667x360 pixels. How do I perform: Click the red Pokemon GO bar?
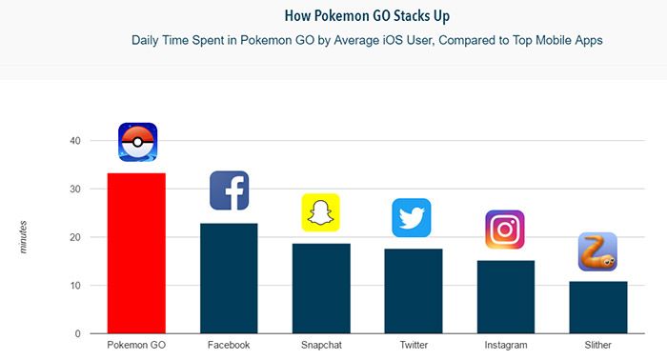click(137, 253)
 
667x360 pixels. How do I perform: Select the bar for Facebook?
click(229, 278)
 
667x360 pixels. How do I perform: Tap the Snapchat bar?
click(321, 289)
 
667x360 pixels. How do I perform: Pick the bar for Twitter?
click(414, 290)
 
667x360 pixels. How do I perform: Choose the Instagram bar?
click(506, 296)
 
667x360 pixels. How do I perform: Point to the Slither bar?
click(597, 307)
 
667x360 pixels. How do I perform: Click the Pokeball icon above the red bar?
click(137, 142)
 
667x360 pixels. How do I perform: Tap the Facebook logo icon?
click(229, 190)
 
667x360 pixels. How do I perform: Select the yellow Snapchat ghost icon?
click(321, 212)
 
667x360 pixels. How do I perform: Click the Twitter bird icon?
click(412, 217)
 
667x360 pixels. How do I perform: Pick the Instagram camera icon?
click(505, 230)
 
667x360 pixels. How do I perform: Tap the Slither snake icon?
click(597, 252)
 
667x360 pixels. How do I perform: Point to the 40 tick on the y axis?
click(73, 141)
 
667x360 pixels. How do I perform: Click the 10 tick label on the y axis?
click(73, 286)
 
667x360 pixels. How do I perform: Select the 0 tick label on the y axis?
click(76, 333)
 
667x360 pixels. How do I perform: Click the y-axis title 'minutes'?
click(23, 235)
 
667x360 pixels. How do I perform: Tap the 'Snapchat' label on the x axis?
click(321, 345)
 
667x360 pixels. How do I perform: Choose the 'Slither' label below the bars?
click(597, 345)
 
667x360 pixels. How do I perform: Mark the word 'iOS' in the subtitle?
click(414, 41)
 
